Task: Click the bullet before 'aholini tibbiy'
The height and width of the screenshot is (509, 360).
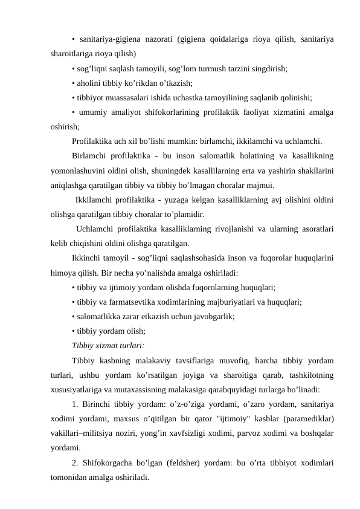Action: point(72,82)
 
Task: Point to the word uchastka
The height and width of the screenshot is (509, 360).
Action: point(213,96)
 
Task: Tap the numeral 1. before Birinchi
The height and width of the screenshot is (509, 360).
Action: point(75,404)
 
